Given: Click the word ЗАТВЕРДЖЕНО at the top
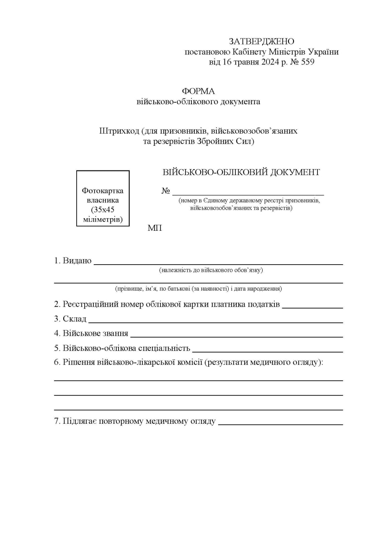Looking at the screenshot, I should pos(261,41).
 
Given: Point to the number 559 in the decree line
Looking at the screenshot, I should pos(307,62).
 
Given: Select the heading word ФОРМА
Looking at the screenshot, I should pos(198,91).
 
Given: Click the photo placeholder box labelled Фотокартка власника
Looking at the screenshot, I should pos(103,198).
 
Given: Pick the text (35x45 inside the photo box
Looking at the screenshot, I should pos(103,210).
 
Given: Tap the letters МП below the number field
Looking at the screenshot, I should pos(155,228).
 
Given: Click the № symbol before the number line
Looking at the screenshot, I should pos(166,191).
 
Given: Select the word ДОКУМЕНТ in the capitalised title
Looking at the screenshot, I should pos(295,172).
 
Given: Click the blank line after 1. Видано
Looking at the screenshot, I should pos(218,263).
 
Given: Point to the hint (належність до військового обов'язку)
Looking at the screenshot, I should pos(211,270).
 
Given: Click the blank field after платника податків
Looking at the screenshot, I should pos(312,307).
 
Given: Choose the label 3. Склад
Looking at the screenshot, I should pos(70,319).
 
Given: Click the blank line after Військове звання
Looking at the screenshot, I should pos(236,335).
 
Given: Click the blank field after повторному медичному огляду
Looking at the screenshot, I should pos(280,423).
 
